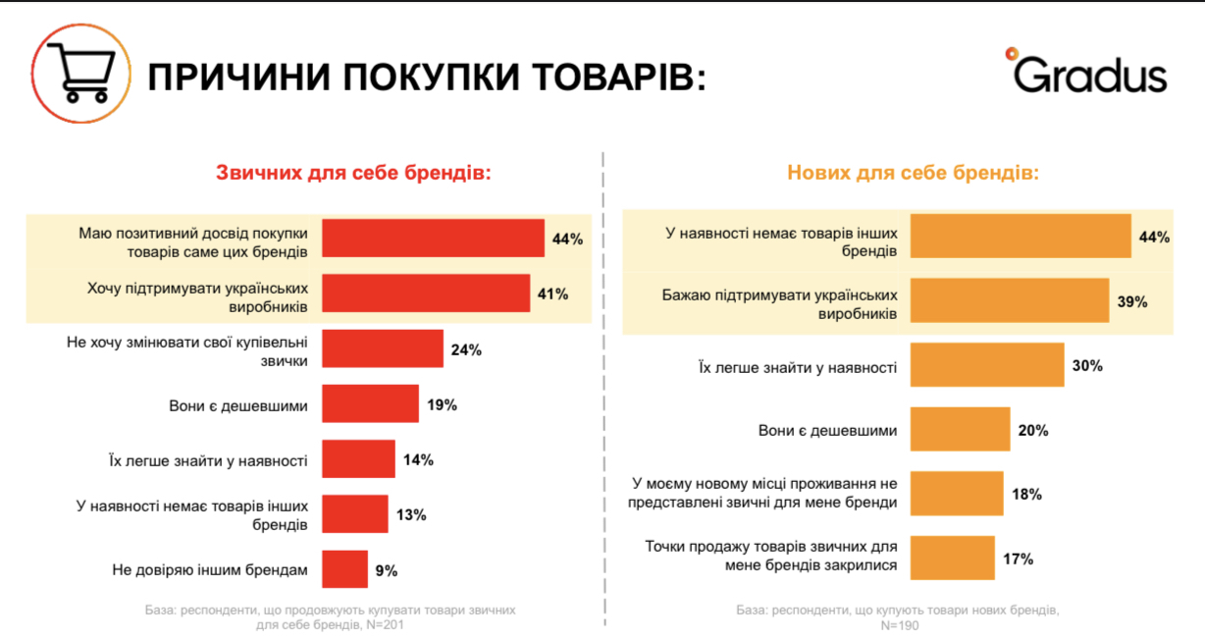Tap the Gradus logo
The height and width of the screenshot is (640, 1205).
pyautogui.click(x=1087, y=71)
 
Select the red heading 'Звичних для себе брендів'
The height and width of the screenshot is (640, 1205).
pyautogui.click(x=352, y=173)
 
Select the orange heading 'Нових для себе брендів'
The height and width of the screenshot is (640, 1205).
pyautogui.click(x=913, y=173)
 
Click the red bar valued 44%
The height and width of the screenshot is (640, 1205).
pyautogui.click(x=433, y=239)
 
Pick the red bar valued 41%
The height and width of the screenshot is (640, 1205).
pyautogui.click(x=426, y=293)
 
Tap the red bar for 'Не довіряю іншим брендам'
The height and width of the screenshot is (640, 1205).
pyautogui.click(x=344, y=569)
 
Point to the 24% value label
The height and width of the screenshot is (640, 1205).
pyautogui.click(x=466, y=349)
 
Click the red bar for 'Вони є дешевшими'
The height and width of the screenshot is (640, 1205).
pyautogui.click(x=370, y=403)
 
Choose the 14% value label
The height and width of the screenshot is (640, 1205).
pyautogui.click(x=417, y=459)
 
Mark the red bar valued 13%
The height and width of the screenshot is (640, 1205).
pyautogui.click(x=355, y=514)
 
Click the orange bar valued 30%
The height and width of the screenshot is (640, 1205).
pyautogui.click(x=987, y=365)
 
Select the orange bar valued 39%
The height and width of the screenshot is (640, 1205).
pyautogui.click(x=1009, y=301)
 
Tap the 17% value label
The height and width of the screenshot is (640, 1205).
pyautogui.click(x=1018, y=560)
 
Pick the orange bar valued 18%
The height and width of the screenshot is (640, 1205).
pyautogui.click(x=957, y=495)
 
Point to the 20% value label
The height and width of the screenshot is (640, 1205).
pyautogui.click(x=1033, y=430)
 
